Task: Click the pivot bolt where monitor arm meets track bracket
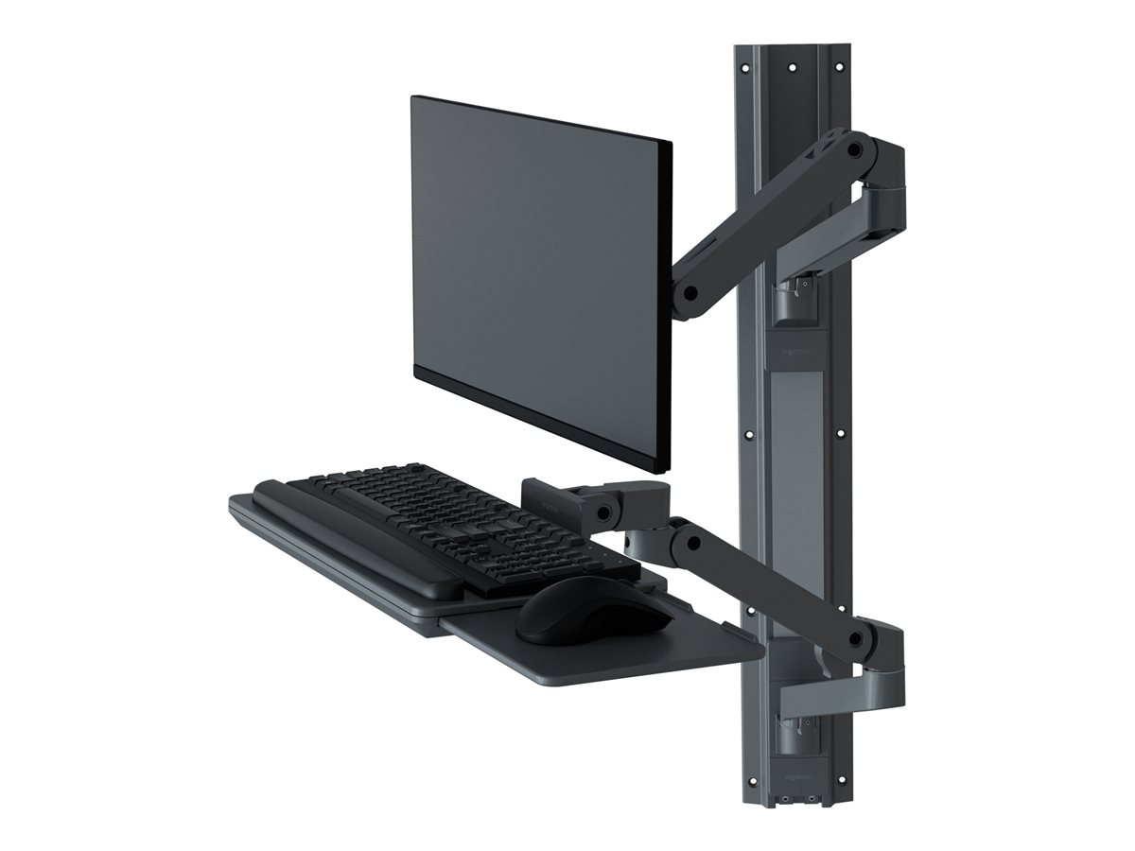[x=854, y=149]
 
